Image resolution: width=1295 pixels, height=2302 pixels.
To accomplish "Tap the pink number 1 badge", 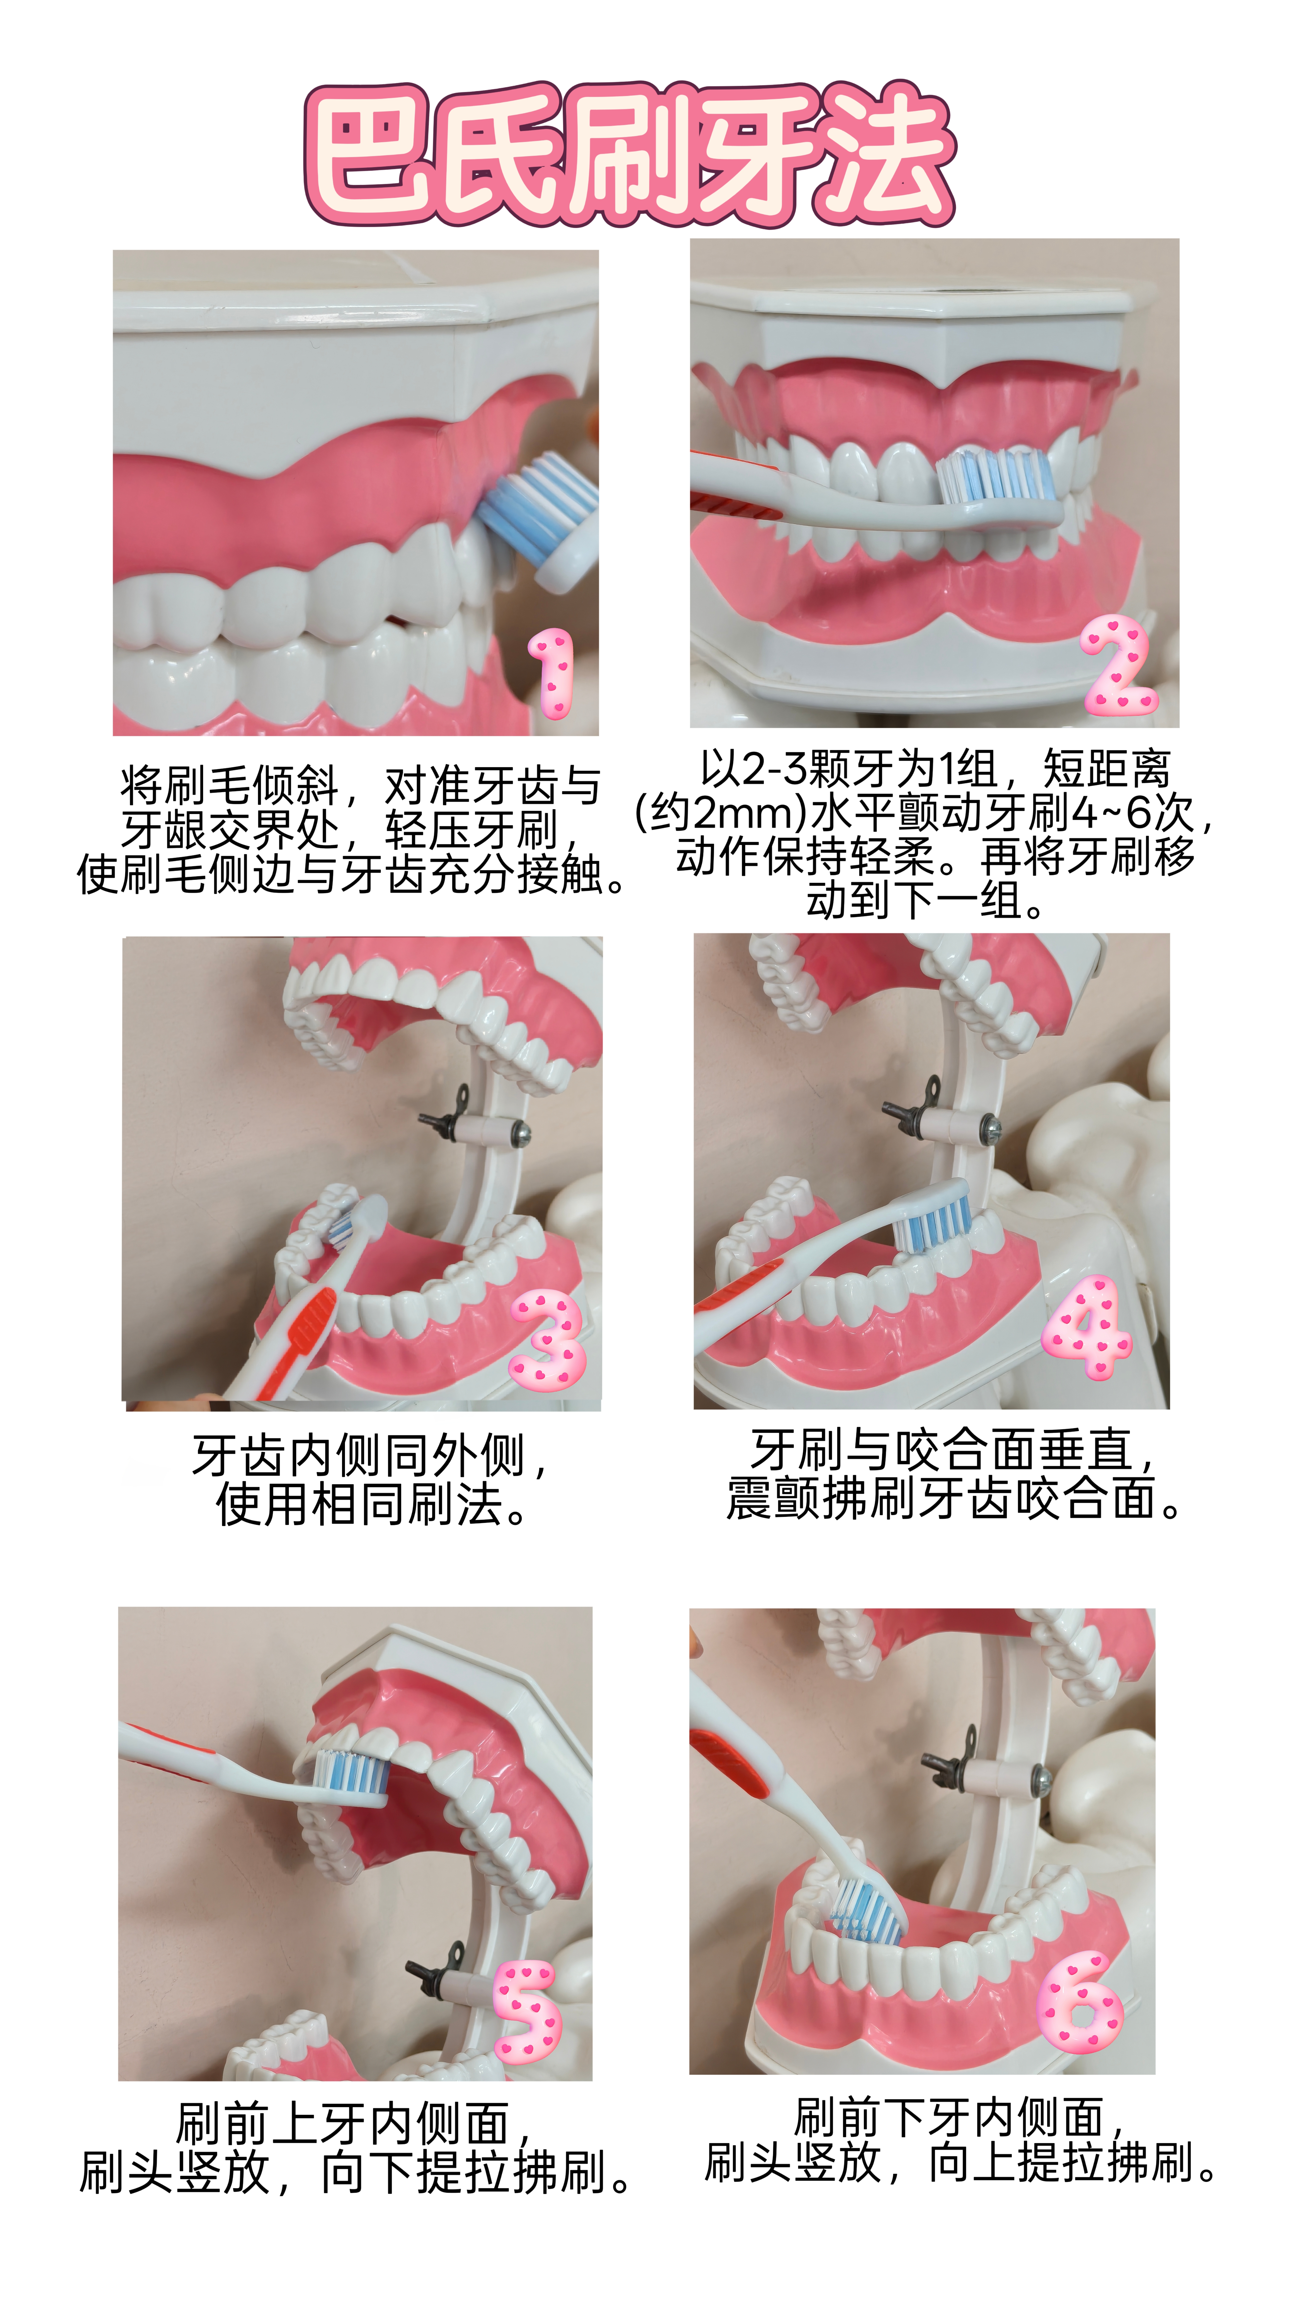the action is point(551,672).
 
